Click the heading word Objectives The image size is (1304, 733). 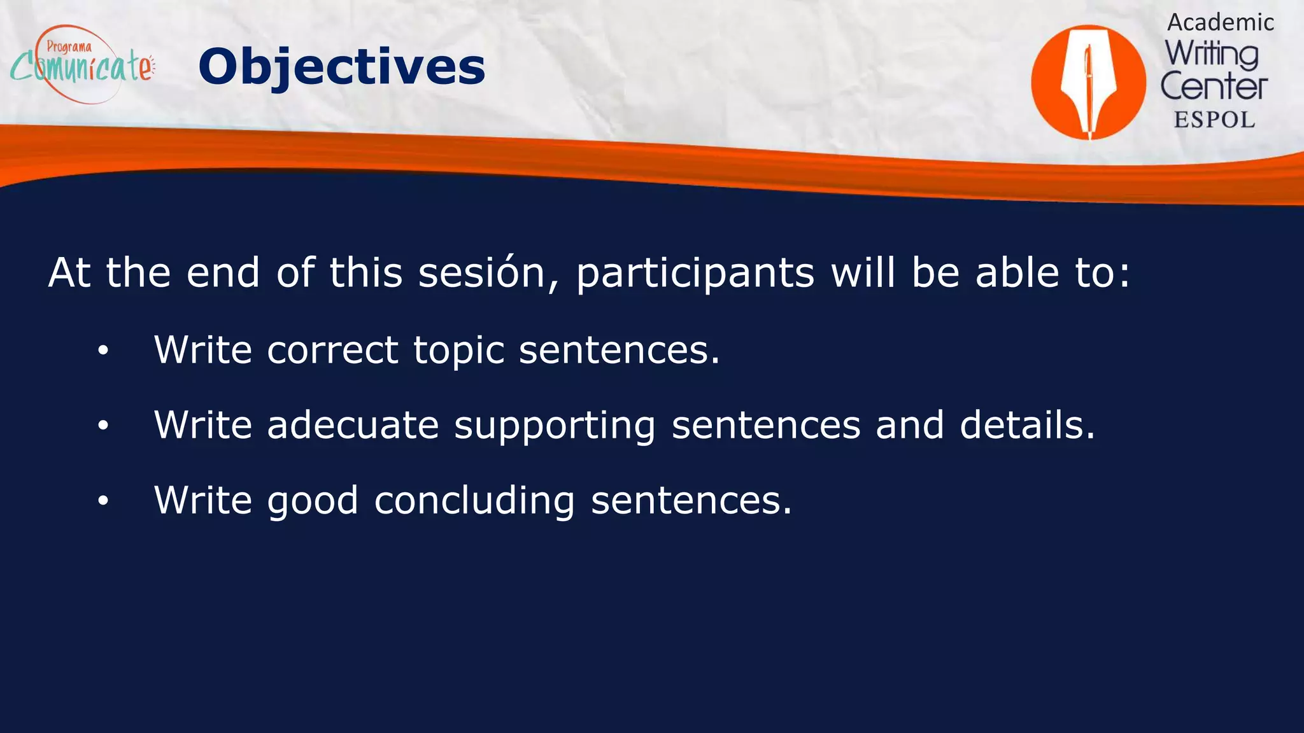tap(341, 67)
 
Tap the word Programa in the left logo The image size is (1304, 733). tap(69, 46)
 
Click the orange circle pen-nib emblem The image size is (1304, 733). tap(1088, 82)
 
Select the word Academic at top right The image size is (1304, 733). tap(1220, 22)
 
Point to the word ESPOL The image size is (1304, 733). tap(1214, 120)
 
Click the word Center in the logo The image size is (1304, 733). tap(1214, 87)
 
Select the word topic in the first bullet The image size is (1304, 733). tap(459, 351)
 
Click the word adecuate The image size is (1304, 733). tap(353, 425)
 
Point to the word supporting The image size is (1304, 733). tap(555, 426)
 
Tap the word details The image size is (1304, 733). tap(1027, 425)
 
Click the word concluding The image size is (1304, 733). tap(474, 501)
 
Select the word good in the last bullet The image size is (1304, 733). tap(313, 501)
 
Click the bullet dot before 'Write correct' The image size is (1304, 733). tap(103, 351)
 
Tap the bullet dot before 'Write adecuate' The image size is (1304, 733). tap(103, 426)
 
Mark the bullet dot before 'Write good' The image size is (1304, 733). tap(103, 501)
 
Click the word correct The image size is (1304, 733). tap(332, 350)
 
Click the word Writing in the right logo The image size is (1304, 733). tap(1212, 54)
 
